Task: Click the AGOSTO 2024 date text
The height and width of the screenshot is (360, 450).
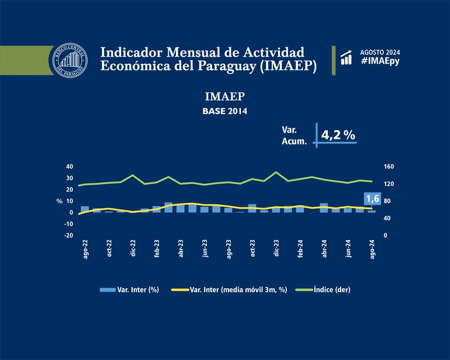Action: [x=380, y=51]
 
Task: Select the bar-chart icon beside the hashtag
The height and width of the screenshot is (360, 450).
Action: [x=347, y=57]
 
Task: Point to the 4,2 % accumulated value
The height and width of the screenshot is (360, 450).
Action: [x=338, y=134]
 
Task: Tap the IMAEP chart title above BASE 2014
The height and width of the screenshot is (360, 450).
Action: [x=224, y=96]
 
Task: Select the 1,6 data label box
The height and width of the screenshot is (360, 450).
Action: [x=372, y=199]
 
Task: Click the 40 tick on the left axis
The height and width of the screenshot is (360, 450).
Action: [x=69, y=167]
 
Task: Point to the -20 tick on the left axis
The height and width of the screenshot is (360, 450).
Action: [x=68, y=236]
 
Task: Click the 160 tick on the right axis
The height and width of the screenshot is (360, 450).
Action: [x=389, y=167]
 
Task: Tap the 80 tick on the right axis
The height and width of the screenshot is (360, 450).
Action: [x=387, y=201]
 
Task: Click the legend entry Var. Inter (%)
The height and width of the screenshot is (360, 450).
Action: [x=130, y=289]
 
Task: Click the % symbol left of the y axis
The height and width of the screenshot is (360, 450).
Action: [x=60, y=201]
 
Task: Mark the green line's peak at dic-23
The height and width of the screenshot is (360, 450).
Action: [x=276, y=172]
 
